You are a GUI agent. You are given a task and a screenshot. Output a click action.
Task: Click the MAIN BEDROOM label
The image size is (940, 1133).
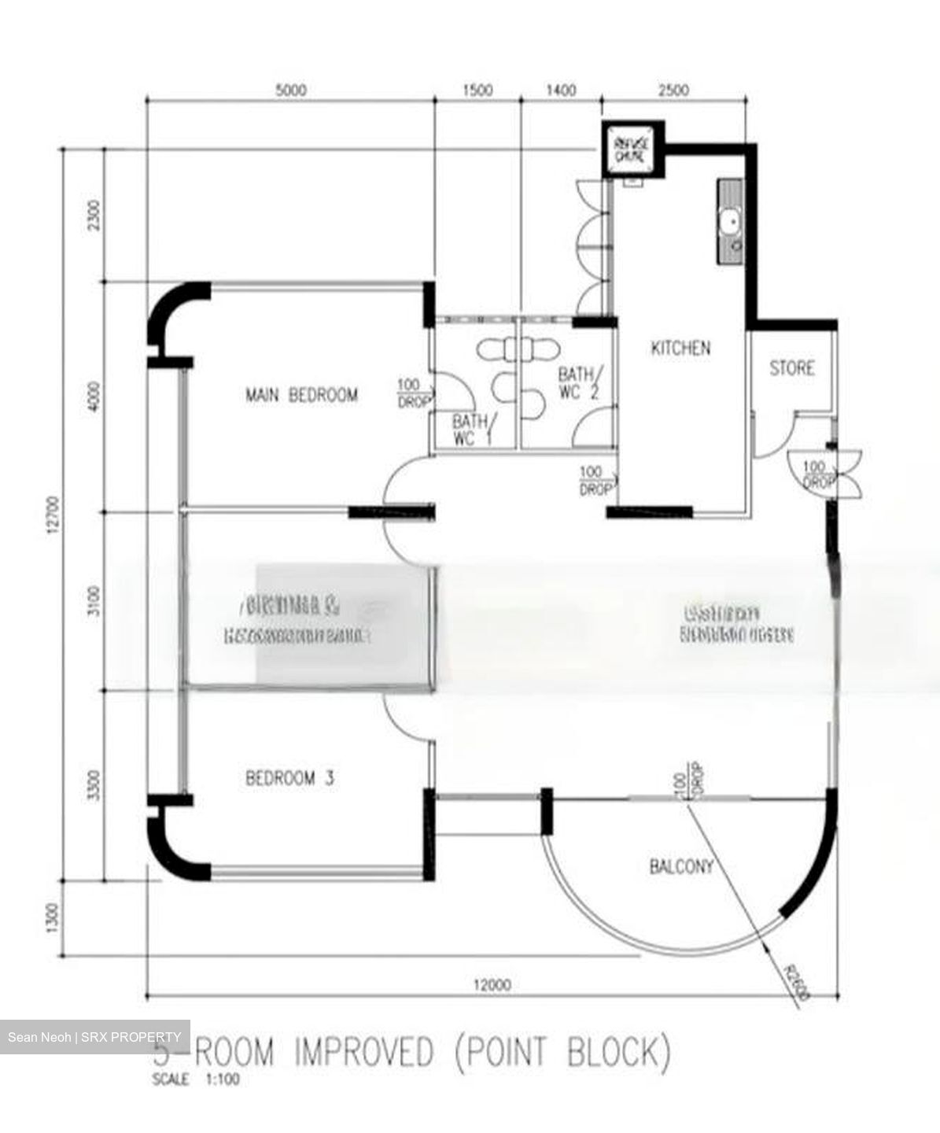tap(301, 394)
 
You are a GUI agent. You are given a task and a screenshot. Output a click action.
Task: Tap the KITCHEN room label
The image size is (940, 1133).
tap(680, 348)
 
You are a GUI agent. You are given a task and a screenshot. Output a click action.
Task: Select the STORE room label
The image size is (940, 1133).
tap(791, 367)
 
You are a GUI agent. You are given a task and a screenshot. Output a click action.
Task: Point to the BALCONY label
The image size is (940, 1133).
tap(681, 866)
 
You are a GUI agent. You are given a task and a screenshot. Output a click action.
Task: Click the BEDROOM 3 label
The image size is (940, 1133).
tap(289, 778)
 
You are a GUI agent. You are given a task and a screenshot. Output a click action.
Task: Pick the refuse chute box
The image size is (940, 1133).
tap(630, 149)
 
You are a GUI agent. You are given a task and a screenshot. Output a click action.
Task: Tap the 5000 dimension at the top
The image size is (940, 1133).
tap(290, 90)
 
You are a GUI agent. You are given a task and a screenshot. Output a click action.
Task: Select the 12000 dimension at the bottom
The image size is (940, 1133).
tap(492, 984)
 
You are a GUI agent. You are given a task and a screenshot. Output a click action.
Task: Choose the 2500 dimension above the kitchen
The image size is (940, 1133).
tap(673, 90)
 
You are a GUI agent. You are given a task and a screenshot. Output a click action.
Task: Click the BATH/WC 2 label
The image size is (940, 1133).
tap(580, 382)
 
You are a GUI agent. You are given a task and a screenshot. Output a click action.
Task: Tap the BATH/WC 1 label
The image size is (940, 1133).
tap(470, 430)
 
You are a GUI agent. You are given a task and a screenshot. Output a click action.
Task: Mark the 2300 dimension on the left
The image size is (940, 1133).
tap(94, 213)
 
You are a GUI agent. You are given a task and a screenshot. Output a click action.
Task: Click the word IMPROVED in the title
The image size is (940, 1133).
tap(363, 1052)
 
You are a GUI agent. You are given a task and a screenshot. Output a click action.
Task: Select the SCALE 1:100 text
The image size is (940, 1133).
tap(196, 1080)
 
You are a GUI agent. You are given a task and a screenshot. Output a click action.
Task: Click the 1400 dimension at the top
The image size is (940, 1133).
tap(560, 90)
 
